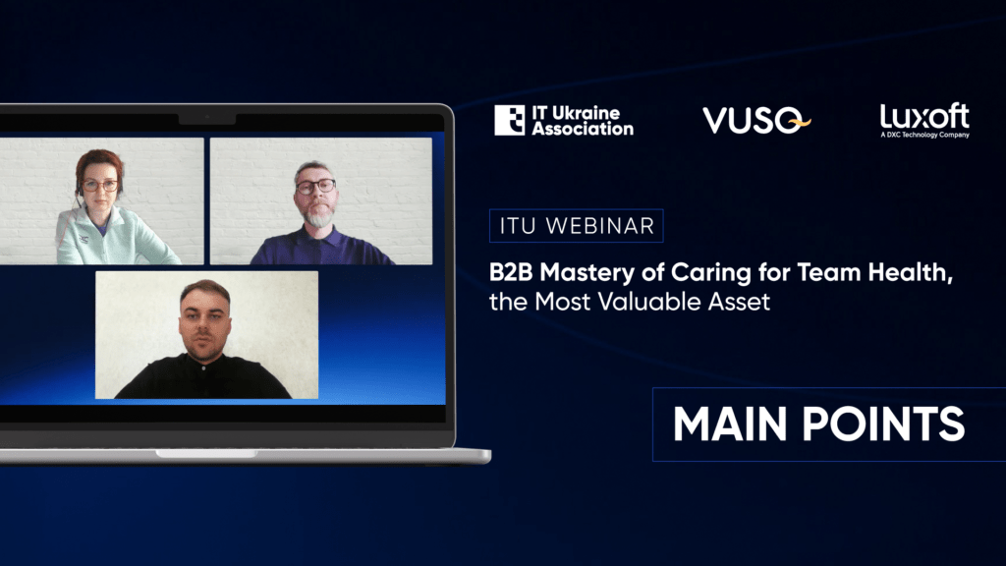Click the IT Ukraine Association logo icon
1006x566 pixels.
coord(510,120)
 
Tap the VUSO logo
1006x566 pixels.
coord(756,120)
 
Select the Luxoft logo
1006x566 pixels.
coord(924,120)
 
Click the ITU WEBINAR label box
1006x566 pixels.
coord(576,226)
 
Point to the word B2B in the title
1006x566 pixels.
coord(511,272)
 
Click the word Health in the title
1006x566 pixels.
coord(911,273)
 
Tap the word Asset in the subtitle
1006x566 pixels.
coord(739,302)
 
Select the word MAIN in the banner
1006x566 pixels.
coord(730,424)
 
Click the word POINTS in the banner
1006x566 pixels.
coord(884,424)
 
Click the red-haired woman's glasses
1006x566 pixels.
coord(100,186)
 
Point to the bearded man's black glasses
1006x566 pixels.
coord(315,187)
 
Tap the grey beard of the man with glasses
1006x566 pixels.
coord(318,216)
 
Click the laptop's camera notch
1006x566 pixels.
coord(206,119)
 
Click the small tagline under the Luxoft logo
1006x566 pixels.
coord(924,135)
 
